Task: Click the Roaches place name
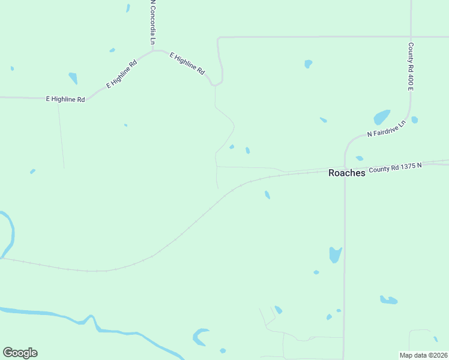[x=347, y=173]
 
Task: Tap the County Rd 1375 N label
[x=396, y=169]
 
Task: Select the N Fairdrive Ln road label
[x=387, y=128]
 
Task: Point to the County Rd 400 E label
[x=411, y=67]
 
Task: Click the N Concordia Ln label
[x=153, y=22]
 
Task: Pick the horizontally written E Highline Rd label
[x=65, y=99]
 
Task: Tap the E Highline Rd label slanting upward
[x=122, y=74]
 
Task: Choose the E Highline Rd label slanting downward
[x=187, y=63]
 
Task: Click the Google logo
[x=20, y=353]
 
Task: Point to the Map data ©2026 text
[x=423, y=355]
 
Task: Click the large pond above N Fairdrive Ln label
[x=382, y=116]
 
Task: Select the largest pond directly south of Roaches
[x=335, y=254]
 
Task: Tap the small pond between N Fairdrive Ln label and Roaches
[x=359, y=158]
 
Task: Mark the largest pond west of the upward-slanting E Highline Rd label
[x=73, y=78]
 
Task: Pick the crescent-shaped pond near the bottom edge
[x=199, y=337]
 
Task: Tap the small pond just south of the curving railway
[x=267, y=194]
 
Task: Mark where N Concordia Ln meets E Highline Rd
[x=154, y=51]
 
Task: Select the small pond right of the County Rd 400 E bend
[x=415, y=120]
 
